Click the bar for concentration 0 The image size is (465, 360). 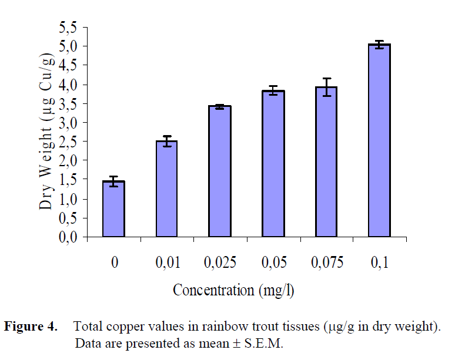pos(113,209)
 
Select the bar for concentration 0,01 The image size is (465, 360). pos(166,189)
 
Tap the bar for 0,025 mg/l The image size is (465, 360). pos(220,171)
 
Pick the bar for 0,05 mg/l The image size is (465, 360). pos(273,164)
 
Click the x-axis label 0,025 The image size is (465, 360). pos(220,263)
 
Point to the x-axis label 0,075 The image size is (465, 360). pos(326,263)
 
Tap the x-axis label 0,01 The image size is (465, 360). pos(166,263)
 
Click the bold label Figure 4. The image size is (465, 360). pos(31,327)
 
